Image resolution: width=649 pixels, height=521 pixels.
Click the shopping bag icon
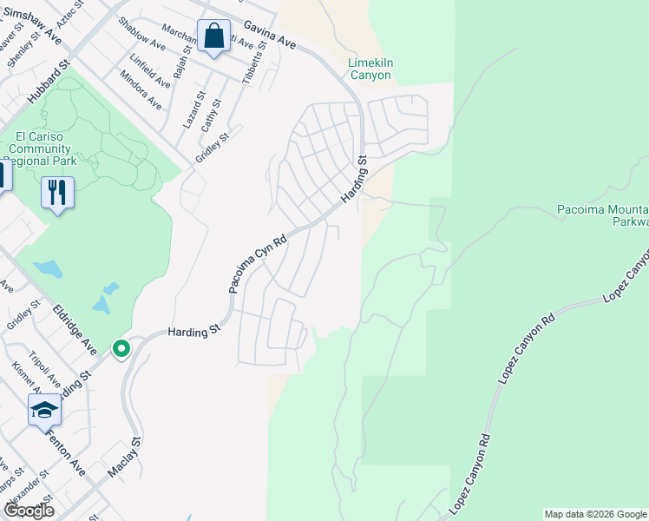[213, 36]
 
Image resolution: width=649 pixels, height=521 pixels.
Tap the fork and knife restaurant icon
[57, 192]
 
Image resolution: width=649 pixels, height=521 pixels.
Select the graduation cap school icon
[44, 410]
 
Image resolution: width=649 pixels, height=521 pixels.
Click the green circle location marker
[121, 349]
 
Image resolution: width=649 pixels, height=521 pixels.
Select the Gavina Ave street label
[270, 36]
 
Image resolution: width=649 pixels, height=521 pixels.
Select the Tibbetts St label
[252, 63]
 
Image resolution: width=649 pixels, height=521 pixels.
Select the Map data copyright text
[595, 514]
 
